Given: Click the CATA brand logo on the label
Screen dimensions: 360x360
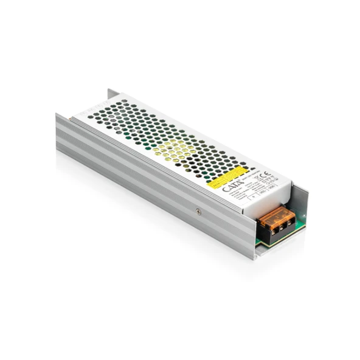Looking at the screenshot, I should pyautogui.click(x=233, y=189).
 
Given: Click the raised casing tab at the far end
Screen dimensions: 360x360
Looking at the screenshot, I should pyautogui.click(x=113, y=95).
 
